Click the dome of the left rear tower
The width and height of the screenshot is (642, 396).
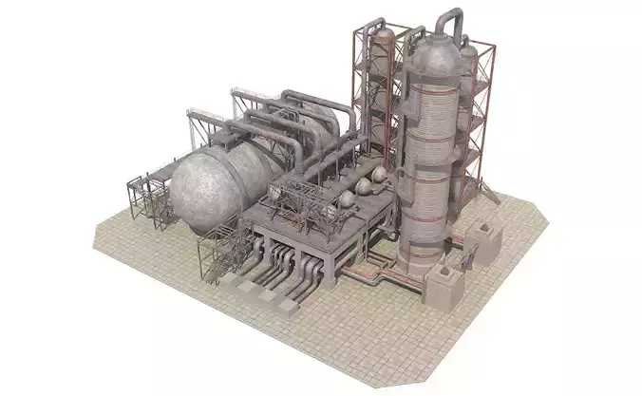[382, 39]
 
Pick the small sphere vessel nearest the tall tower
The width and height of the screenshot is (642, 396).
[378, 178]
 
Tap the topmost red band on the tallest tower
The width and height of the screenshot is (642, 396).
[429, 72]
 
